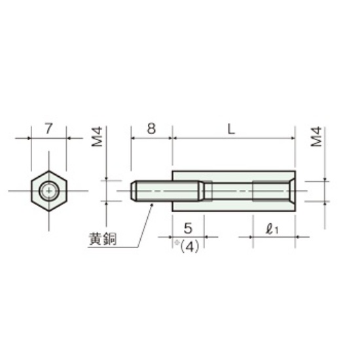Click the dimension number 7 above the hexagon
point(48,128)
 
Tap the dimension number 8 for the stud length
point(151,128)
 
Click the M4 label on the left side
point(98,137)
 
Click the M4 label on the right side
point(316,137)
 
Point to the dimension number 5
point(188,228)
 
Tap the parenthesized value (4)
point(189,247)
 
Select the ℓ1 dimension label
point(272,229)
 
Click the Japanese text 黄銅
point(103,239)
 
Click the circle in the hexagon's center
point(49,190)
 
